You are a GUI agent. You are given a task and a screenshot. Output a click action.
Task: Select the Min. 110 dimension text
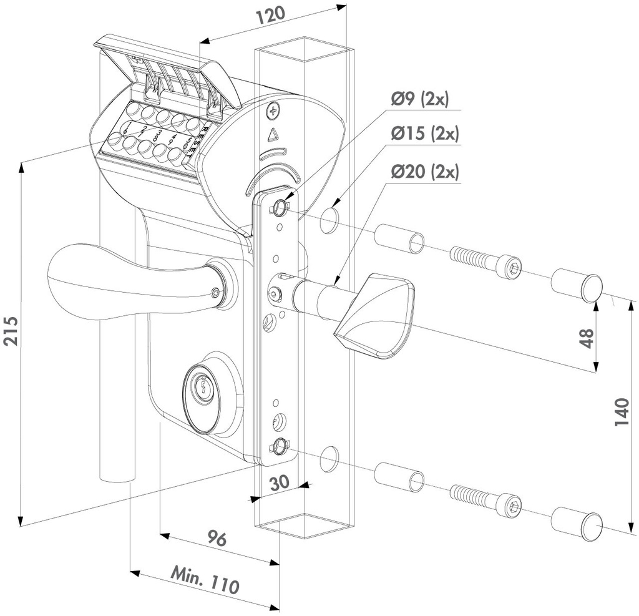click(x=205, y=580)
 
